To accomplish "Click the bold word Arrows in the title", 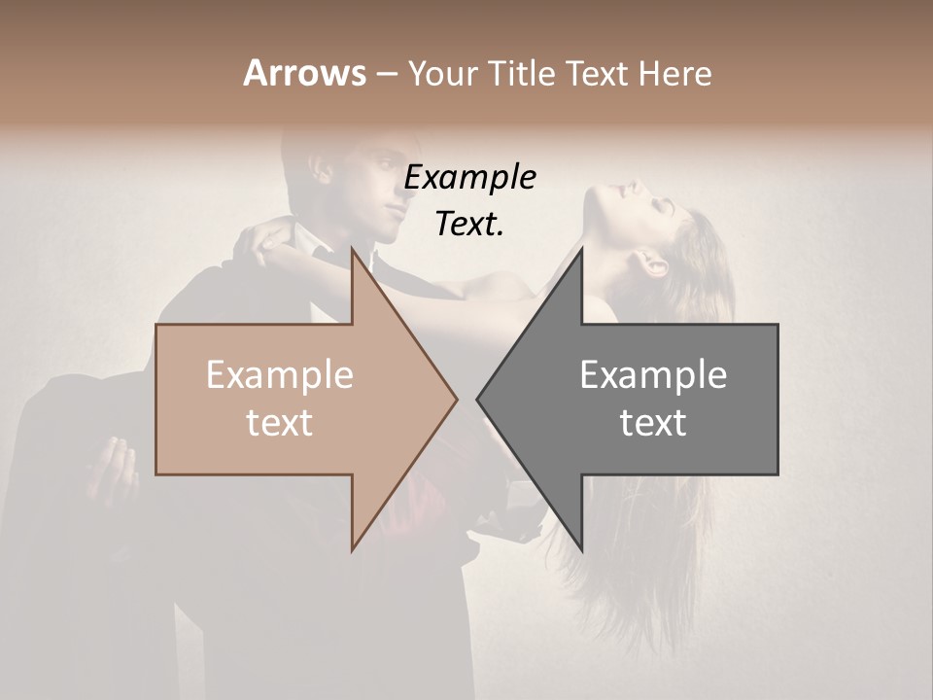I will coord(304,73).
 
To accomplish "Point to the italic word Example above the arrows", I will coord(470,177).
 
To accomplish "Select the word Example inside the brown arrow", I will coord(280,375).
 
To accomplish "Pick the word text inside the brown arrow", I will coord(280,423).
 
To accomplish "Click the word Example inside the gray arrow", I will coord(653,375).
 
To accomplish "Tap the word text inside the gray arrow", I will coord(653,423).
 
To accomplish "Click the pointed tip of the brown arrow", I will coord(455,399).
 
